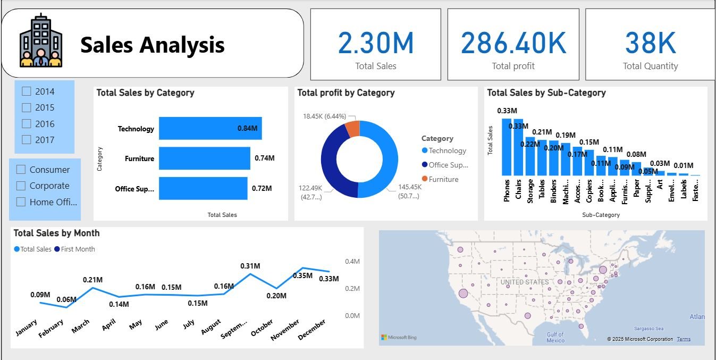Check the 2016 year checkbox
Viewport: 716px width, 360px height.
(27, 123)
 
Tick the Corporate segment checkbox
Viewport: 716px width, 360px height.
(21, 186)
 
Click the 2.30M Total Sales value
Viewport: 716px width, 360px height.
(376, 43)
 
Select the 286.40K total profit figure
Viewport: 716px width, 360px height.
(513, 43)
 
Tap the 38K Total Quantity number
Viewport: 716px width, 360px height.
(650, 43)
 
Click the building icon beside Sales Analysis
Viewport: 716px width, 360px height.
(41, 41)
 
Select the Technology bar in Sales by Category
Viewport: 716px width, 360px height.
(210, 129)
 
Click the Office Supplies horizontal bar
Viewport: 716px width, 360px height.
(203, 188)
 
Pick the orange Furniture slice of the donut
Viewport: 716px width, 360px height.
(352, 129)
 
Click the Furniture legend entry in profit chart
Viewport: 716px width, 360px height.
(443, 179)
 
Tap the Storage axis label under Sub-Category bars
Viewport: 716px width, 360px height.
(530, 190)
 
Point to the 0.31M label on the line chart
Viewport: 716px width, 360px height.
(250, 266)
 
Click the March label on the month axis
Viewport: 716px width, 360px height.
(81, 326)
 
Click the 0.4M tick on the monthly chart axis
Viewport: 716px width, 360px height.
(352, 262)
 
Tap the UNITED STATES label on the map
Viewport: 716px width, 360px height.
(525, 282)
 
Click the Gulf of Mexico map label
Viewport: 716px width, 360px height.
(555, 337)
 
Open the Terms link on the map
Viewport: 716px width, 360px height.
(684, 339)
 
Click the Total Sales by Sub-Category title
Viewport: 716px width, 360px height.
(546, 93)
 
